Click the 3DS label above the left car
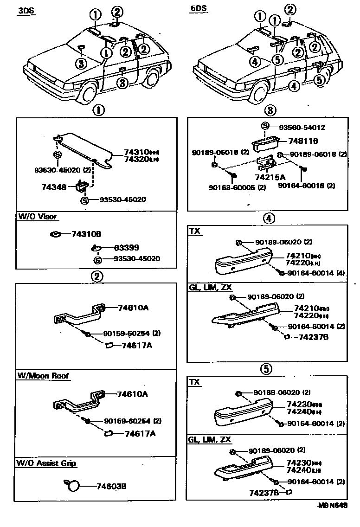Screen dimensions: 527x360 26,11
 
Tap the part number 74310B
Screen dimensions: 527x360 86,234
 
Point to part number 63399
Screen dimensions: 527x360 127,248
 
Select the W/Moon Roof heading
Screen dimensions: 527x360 44,376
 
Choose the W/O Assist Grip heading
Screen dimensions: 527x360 46,463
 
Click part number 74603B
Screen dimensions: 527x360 111,486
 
